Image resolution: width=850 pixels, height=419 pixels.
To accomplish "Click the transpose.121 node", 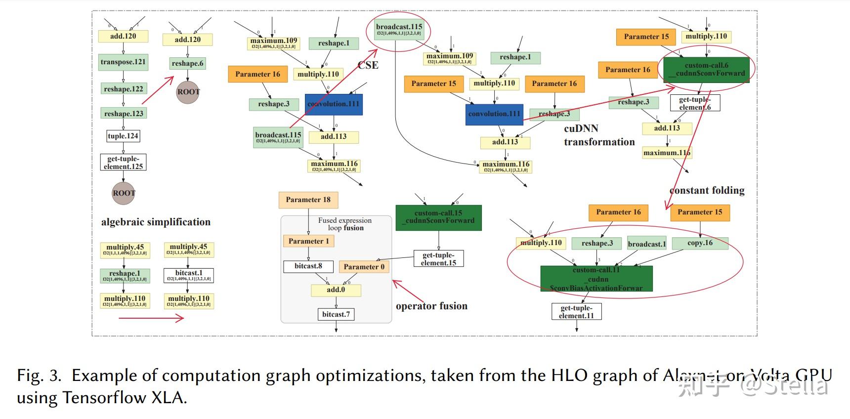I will [123, 62].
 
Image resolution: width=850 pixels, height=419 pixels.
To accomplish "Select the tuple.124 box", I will [123, 136].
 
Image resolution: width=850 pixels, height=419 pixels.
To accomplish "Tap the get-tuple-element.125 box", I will [123, 163].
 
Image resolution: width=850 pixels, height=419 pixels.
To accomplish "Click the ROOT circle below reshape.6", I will [188, 92].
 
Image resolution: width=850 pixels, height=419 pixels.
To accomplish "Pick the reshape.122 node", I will [123, 89].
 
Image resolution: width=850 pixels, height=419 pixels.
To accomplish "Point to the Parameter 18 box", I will [308, 200].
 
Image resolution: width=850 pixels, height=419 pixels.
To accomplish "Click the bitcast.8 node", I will [308, 266].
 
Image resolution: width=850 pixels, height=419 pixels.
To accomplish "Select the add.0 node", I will [336, 290].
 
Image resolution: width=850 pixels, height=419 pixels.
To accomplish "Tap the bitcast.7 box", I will [336, 314].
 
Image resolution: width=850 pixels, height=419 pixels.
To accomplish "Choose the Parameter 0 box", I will [364, 267].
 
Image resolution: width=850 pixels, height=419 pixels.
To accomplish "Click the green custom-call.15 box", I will [438, 217].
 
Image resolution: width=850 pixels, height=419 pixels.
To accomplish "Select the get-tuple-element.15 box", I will [438, 259].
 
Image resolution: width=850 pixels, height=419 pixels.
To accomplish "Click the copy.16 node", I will [700, 243].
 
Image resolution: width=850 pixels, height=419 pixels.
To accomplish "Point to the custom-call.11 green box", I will [596, 279].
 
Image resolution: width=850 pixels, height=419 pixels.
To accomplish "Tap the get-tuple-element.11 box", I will [576, 312].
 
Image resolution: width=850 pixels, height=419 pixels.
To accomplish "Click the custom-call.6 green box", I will [706, 69].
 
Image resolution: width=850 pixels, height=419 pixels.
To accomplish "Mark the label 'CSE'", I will [368, 65].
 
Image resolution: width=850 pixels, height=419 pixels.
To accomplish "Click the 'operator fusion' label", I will [431, 306].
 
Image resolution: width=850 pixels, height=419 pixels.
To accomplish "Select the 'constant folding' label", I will [707, 191].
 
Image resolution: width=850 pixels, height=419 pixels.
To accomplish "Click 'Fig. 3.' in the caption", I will [39, 376].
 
